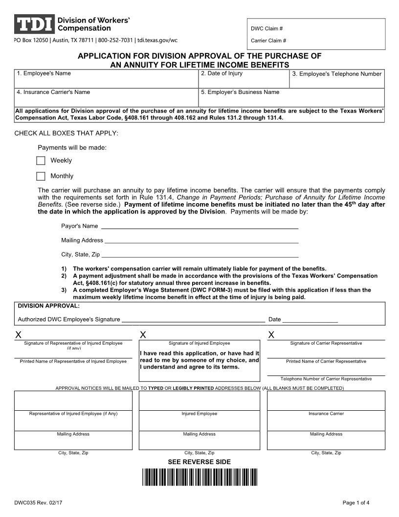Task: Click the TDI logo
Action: click(34, 24)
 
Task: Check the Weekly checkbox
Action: click(41, 161)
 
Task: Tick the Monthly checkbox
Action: click(41, 176)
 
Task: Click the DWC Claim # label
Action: click(267, 28)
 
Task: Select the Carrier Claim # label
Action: click(268, 41)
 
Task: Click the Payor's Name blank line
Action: click(199, 226)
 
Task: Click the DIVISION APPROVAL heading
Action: click(48, 305)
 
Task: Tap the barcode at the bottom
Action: click(199, 477)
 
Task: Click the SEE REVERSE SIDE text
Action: click(199, 462)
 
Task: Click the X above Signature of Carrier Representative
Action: click(271, 335)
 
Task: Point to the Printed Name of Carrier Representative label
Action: click(326, 361)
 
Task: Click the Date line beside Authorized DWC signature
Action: click(310, 319)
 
